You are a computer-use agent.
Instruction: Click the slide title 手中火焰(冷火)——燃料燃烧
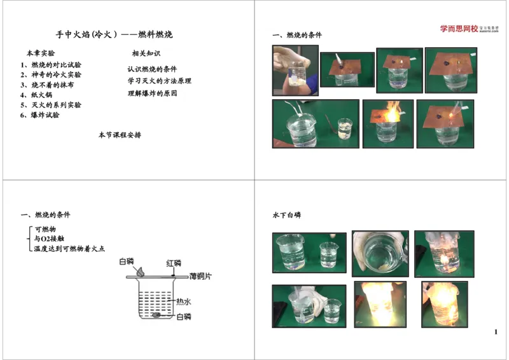(x=114, y=34)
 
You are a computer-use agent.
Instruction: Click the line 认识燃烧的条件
(x=152, y=69)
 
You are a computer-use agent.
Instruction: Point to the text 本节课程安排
(x=120, y=135)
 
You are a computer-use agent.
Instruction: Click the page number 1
(x=495, y=333)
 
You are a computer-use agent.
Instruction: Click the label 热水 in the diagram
(x=184, y=301)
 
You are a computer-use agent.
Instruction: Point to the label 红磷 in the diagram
(x=174, y=263)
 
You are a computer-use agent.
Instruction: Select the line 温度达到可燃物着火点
(x=69, y=249)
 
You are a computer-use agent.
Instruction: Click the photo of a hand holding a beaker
(x=295, y=70)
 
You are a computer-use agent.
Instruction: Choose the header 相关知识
(x=146, y=53)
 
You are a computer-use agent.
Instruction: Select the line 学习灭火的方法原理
(x=159, y=81)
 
